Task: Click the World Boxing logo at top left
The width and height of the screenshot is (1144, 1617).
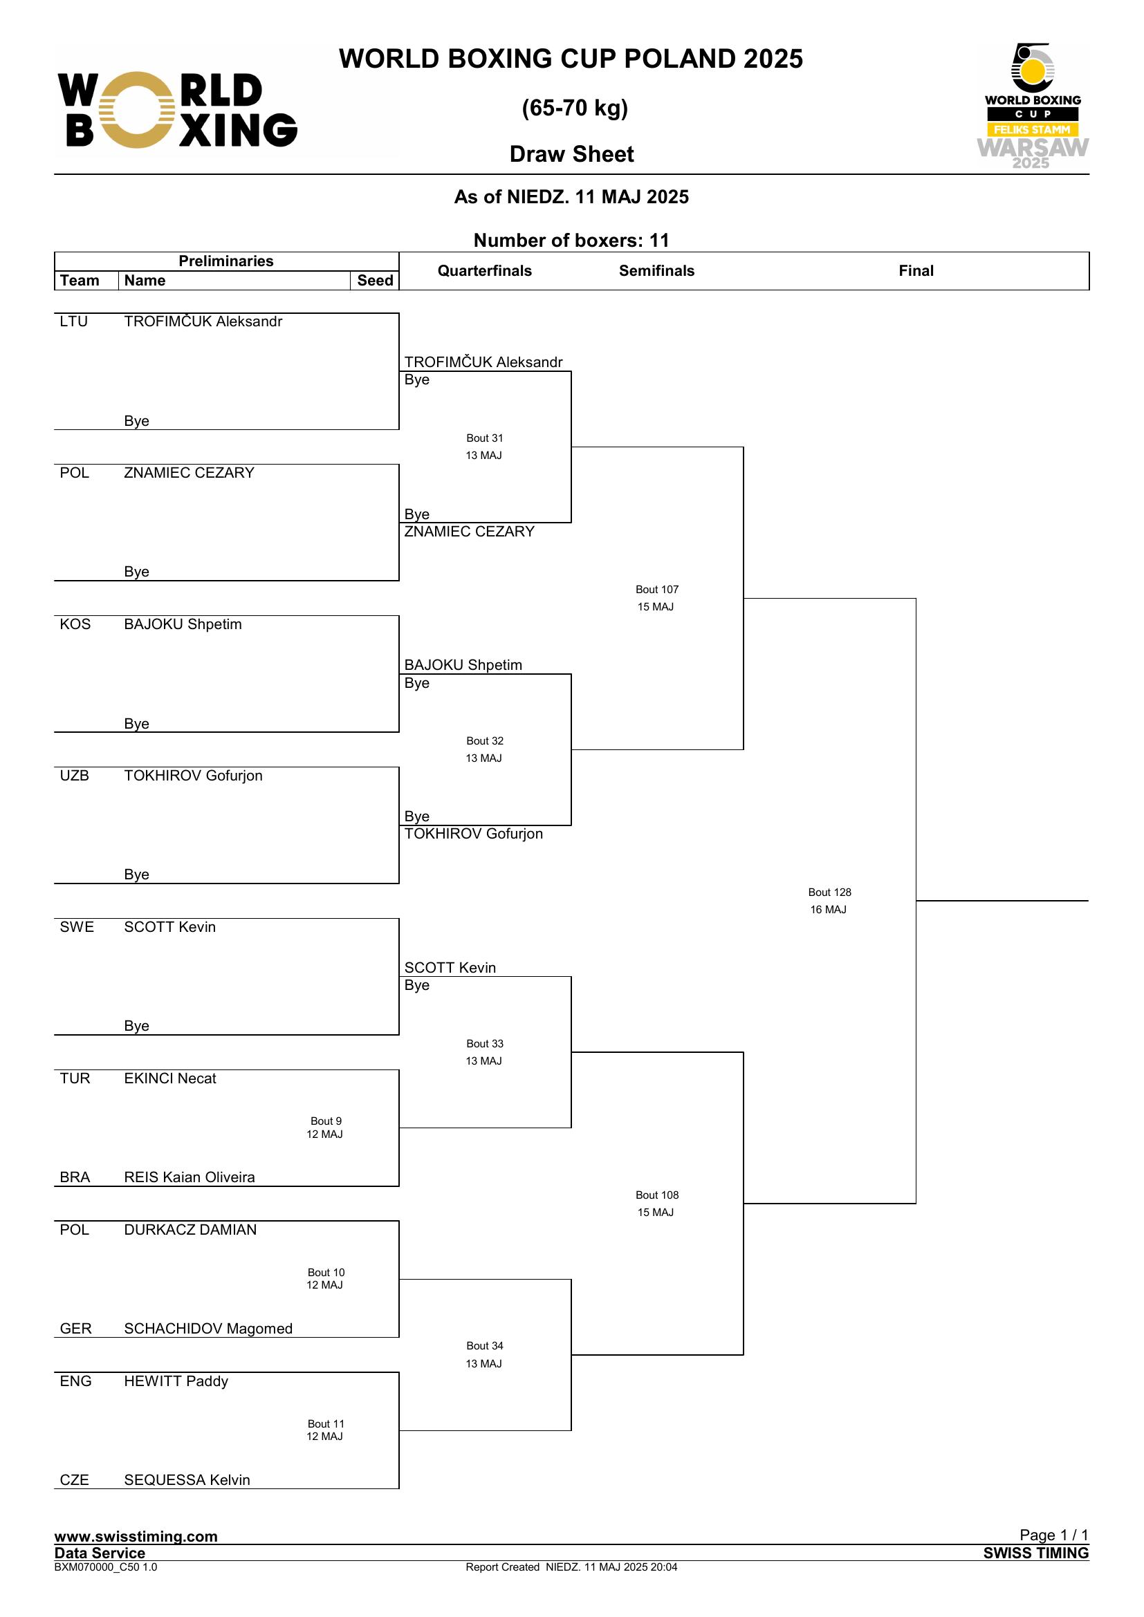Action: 178,110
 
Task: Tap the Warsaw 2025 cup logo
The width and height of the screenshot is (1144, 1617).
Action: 1032,106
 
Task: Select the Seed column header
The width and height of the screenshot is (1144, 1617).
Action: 375,280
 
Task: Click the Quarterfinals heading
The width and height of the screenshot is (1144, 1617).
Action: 485,271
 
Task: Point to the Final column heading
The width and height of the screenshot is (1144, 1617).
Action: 916,271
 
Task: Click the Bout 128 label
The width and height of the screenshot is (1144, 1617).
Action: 829,892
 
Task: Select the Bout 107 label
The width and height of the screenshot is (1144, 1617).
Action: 656,590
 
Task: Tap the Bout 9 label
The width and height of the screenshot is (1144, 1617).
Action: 326,1121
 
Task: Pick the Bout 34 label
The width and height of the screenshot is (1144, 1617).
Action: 485,1346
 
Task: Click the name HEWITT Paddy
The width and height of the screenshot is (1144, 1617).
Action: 176,1381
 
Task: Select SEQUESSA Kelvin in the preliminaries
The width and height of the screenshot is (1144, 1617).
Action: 187,1479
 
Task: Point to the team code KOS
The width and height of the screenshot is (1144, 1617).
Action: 75,625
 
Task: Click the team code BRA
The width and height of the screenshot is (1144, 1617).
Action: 75,1177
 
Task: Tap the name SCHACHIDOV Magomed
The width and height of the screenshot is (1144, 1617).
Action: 207,1329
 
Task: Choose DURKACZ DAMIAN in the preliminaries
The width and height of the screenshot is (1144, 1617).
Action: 190,1230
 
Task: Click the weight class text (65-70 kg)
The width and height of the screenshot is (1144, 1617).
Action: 575,108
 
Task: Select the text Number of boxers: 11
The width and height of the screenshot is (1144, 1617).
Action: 571,240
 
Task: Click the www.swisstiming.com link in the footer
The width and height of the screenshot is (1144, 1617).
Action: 136,1536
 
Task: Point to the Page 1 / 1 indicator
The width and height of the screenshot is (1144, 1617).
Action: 1054,1535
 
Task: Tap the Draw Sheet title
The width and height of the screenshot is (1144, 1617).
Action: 571,154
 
